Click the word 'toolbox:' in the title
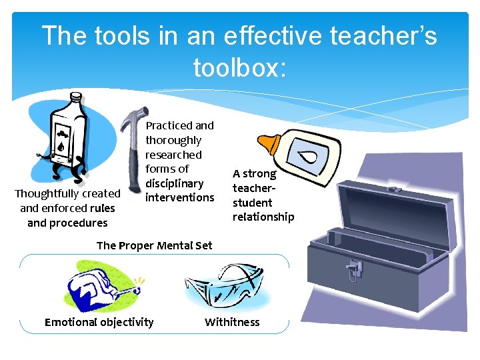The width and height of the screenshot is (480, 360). click(239, 67)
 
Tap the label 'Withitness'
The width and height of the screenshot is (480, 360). click(232, 322)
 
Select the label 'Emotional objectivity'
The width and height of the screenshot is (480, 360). click(99, 322)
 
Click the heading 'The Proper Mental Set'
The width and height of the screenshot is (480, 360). click(154, 245)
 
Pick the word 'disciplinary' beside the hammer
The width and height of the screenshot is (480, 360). click(175, 183)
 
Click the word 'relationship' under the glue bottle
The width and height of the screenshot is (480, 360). click(263, 217)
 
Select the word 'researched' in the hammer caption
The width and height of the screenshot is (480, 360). click(173, 154)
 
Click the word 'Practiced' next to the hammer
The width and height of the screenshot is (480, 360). click(167, 125)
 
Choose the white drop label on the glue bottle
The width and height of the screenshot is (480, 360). click(307, 157)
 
